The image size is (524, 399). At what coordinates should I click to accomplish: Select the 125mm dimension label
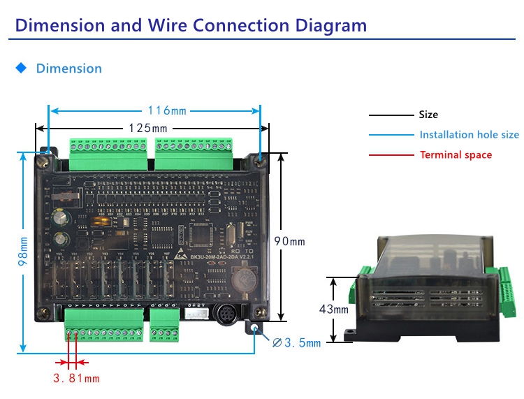coord(147,128)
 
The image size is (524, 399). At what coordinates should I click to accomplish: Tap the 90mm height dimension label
coord(289,241)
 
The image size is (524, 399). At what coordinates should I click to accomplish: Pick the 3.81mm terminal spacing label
coord(76,379)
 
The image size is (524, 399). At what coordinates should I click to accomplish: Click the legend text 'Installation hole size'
coord(469,135)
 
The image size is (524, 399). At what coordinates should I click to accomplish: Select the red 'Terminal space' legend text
coord(456,155)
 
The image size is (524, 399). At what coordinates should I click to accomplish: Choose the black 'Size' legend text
coord(428,115)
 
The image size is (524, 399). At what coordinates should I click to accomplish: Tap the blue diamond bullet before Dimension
coord(21,68)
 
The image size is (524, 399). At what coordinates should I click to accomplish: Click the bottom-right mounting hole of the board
coord(254,328)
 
